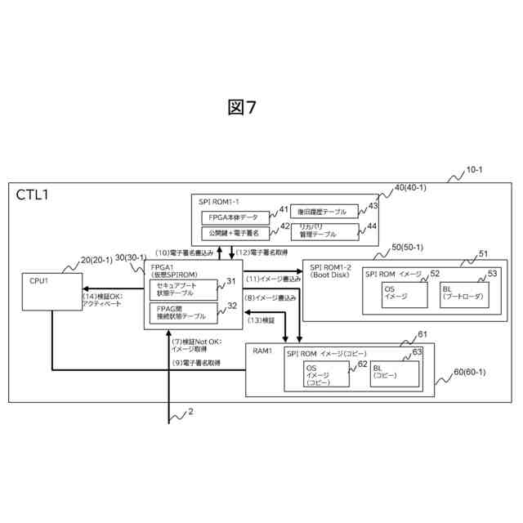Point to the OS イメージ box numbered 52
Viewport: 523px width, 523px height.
(401, 293)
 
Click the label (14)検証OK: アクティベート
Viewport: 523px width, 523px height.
(103, 299)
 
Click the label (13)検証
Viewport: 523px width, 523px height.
(262, 320)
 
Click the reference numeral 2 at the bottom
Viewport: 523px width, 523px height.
(190, 412)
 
